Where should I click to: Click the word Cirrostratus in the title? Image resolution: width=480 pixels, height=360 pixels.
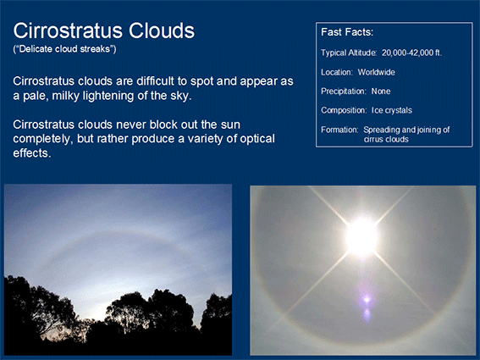tap(69, 30)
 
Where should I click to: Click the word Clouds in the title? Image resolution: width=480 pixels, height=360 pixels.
tap(162, 30)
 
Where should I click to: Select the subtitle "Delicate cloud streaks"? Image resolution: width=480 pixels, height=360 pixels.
tap(64, 49)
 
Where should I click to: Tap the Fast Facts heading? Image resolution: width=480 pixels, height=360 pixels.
tap(347, 32)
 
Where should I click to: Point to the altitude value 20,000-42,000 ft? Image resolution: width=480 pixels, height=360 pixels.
tap(411, 53)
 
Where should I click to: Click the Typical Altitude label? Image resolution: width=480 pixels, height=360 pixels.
tap(349, 53)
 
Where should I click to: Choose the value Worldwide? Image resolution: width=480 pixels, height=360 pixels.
tap(377, 72)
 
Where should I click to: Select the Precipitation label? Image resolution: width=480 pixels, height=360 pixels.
tap(344, 91)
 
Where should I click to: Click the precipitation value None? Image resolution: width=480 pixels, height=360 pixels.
tap(381, 91)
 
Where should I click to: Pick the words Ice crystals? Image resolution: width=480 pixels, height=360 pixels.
tap(392, 110)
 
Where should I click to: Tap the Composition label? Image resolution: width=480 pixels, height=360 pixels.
tap(344, 110)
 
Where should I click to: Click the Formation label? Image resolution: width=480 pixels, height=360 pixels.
tap(339, 130)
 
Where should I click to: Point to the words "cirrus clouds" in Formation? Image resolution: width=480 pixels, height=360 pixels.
tap(386, 140)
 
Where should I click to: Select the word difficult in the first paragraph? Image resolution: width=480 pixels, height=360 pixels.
tap(156, 81)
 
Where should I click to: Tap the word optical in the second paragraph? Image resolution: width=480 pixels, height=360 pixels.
tap(257, 139)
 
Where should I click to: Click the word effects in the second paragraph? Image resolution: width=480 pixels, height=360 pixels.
tap(32, 152)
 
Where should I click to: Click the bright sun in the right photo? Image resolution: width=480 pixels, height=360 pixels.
tap(361, 236)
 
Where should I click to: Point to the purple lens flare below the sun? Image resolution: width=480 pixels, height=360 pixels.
tap(367, 300)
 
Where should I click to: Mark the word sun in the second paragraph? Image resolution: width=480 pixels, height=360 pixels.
tap(231, 125)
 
